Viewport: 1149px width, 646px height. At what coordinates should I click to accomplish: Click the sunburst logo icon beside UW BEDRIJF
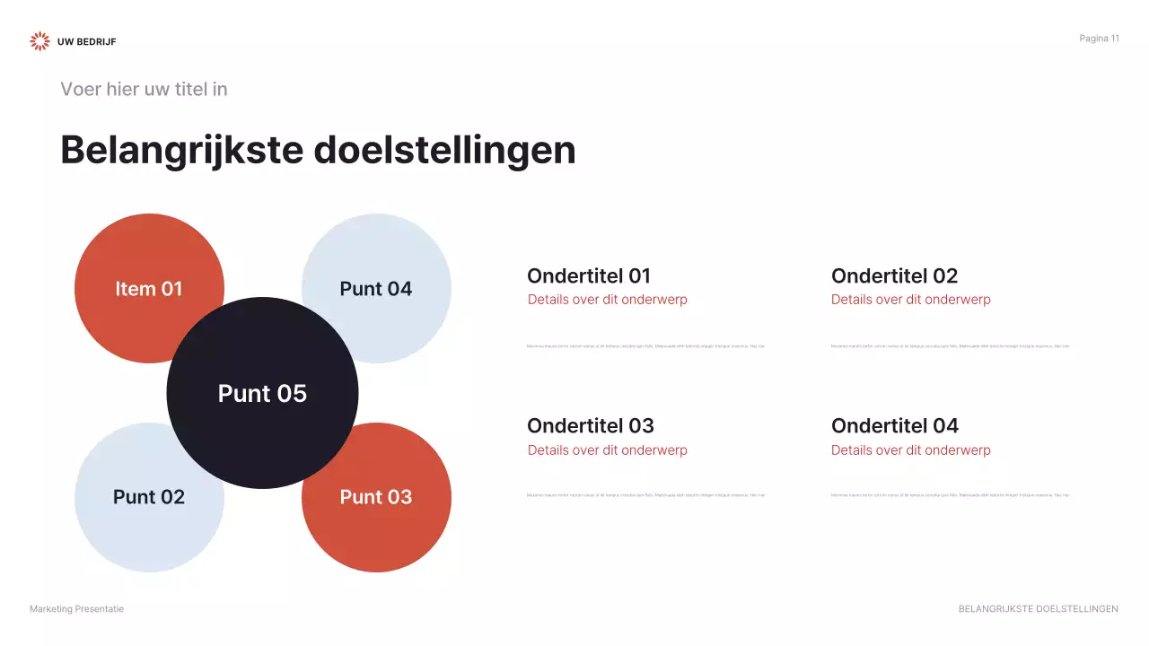pyautogui.click(x=39, y=41)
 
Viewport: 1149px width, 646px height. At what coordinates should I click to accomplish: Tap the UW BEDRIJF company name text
pyautogui.click(x=86, y=42)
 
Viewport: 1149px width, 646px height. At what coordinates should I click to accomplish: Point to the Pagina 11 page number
pyautogui.click(x=1099, y=39)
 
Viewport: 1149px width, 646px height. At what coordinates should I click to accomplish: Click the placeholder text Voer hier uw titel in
pyautogui.click(x=144, y=89)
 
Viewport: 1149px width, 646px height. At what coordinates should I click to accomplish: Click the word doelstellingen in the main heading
pyautogui.click(x=444, y=150)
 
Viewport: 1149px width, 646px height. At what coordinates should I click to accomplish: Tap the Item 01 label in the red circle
pyautogui.click(x=149, y=289)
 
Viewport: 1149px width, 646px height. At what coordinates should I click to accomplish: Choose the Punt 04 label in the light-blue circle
pyautogui.click(x=376, y=289)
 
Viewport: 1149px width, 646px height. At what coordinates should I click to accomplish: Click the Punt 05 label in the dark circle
pyautogui.click(x=262, y=393)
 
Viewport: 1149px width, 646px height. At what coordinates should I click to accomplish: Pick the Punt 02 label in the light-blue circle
pyautogui.click(x=149, y=497)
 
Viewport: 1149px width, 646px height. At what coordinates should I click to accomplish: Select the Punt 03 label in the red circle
pyautogui.click(x=376, y=497)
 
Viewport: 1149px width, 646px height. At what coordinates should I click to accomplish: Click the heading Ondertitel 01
pyautogui.click(x=589, y=276)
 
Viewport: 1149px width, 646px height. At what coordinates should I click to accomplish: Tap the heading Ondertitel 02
pyautogui.click(x=894, y=276)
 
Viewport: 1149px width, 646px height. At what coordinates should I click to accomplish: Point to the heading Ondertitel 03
pyautogui.click(x=591, y=425)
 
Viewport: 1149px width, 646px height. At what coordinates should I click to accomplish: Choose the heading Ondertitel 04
pyautogui.click(x=895, y=425)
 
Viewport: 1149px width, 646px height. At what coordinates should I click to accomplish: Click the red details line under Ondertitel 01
pyautogui.click(x=608, y=300)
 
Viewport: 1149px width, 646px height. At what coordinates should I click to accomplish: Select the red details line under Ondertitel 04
pyautogui.click(x=911, y=450)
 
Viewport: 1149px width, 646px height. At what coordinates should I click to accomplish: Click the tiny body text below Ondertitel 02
pyautogui.click(x=950, y=345)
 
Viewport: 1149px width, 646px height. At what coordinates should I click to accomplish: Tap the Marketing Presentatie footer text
pyautogui.click(x=77, y=609)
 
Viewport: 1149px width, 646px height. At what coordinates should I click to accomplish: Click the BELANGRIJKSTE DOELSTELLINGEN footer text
pyautogui.click(x=1039, y=609)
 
